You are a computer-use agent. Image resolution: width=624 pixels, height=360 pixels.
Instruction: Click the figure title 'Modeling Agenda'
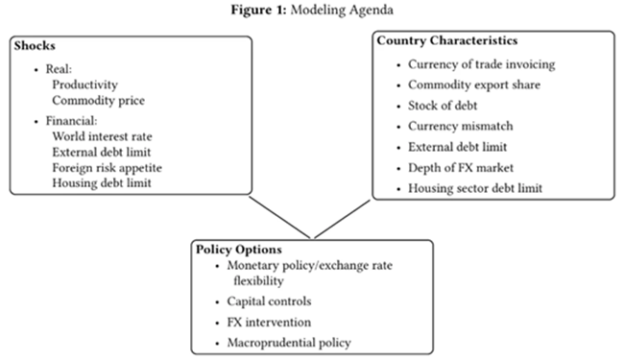coord(342,10)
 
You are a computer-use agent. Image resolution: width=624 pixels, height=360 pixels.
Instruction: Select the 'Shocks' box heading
coord(35,46)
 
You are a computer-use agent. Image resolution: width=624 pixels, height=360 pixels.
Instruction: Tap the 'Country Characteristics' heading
coord(447,40)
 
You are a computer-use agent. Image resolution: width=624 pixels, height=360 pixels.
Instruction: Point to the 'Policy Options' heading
coord(239,250)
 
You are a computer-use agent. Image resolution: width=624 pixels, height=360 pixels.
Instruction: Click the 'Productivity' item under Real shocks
coord(84,84)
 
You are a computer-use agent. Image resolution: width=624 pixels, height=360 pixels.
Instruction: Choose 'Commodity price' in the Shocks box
coord(98,100)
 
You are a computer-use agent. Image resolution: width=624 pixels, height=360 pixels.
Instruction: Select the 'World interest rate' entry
coord(102,136)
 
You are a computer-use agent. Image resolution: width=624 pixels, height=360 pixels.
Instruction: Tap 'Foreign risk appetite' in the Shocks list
coord(108,168)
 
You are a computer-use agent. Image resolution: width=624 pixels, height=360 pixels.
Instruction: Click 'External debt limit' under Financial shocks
coord(102,152)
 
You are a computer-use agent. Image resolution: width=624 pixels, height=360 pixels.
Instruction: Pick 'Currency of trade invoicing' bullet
coord(482,64)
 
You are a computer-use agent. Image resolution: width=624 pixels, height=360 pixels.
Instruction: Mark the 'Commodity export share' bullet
coord(474,85)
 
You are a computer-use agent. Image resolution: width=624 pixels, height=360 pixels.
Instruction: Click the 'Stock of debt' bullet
coord(443,106)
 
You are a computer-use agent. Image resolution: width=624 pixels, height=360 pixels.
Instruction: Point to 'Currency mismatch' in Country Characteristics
coord(461,126)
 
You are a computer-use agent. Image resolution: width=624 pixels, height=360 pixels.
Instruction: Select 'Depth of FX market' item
coord(461,168)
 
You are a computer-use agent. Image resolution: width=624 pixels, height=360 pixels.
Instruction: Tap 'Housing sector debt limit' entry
coord(475,188)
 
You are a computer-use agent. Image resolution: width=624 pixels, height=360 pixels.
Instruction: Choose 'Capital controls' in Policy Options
coord(269,301)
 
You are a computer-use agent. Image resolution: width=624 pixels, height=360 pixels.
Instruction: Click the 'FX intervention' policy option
coord(269,323)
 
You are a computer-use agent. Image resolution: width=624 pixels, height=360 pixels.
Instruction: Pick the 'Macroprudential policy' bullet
coord(289,343)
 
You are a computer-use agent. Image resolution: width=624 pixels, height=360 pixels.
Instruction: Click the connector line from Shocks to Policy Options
coord(279,217)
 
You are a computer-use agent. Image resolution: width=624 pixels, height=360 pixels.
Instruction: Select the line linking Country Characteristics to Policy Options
coord(343,219)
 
